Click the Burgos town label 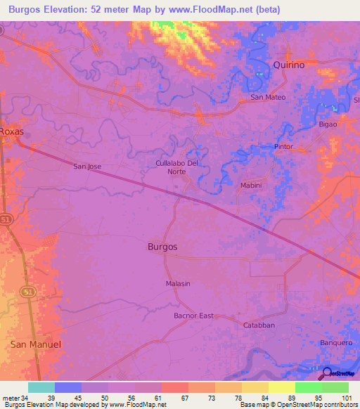[x=162, y=247]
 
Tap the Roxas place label [x=12, y=131]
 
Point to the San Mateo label [x=268, y=97]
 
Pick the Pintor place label [x=283, y=146]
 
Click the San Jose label [x=88, y=167]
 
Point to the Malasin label [x=178, y=283]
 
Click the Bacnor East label [x=193, y=316]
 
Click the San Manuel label [x=36, y=344]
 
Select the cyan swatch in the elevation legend [x=41, y=387]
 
